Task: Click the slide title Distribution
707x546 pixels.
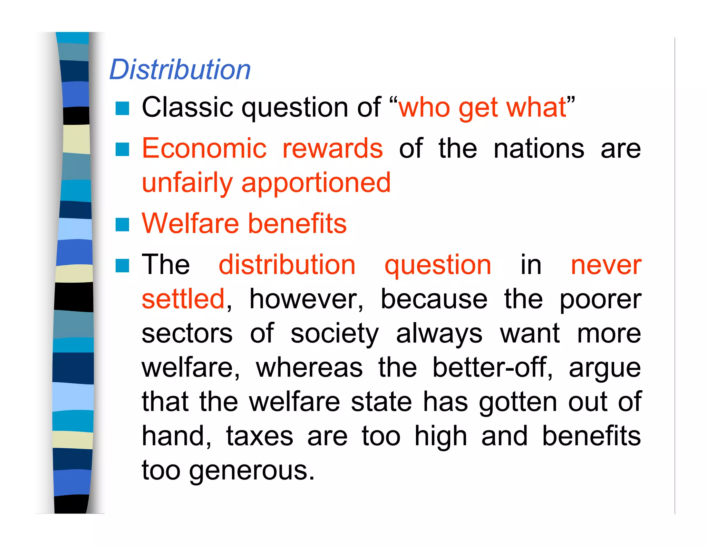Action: (x=180, y=70)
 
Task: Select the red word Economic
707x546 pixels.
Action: (x=204, y=148)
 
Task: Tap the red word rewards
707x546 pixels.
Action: (x=332, y=148)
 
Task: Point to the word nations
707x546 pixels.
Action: (x=539, y=148)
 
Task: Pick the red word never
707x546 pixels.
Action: (x=606, y=265)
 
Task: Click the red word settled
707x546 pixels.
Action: (x=183, y=299)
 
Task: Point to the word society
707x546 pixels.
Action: (x=335, y=334)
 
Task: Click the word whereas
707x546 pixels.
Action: (x=309, y=368)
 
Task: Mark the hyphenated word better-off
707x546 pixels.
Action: (x=492, y=368)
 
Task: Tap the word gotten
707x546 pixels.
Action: (x=518, y=402)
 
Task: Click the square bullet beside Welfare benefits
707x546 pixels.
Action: (x=122, y=225)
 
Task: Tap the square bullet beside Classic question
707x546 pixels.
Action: (x=122, y=108)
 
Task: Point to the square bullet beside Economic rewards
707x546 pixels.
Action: (x=122, y=149)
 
